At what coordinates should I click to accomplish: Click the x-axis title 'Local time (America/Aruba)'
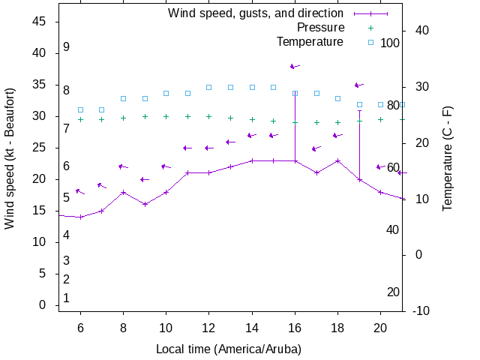[x=228, y=349]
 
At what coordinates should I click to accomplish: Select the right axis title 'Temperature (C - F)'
[x=448, y=158]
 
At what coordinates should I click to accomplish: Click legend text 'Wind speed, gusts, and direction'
[x=255, y=13]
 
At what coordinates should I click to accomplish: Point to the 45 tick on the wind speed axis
[x=40, y=22]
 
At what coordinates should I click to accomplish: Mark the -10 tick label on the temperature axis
[x=420, y=310]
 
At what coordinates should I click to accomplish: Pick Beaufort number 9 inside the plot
[x=67, y=47]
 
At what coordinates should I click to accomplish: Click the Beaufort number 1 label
[x=67, y=298]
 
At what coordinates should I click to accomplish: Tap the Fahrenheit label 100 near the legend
[x=390, y=43]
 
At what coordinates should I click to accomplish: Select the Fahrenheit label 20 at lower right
[x=393, y=292]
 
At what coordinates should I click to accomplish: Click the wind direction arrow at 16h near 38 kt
[x=295, y=66]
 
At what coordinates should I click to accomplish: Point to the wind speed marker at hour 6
[x=80, y=217]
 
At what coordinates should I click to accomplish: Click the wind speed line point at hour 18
[x=338, y=160]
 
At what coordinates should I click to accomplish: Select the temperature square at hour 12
[x=209, y=87]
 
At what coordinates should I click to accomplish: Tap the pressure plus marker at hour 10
[x=166, y=116]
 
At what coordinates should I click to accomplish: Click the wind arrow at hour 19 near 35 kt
[x=359, y=85]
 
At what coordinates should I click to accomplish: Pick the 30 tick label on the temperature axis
[x=420, y=86]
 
